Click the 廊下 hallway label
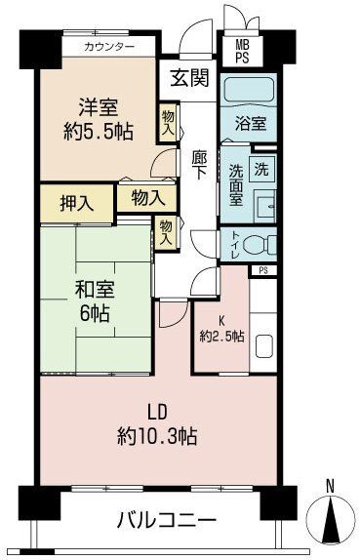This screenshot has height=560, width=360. [199, 162]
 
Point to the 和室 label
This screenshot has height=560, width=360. [97, 290]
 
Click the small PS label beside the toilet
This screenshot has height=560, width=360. [262, 270]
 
